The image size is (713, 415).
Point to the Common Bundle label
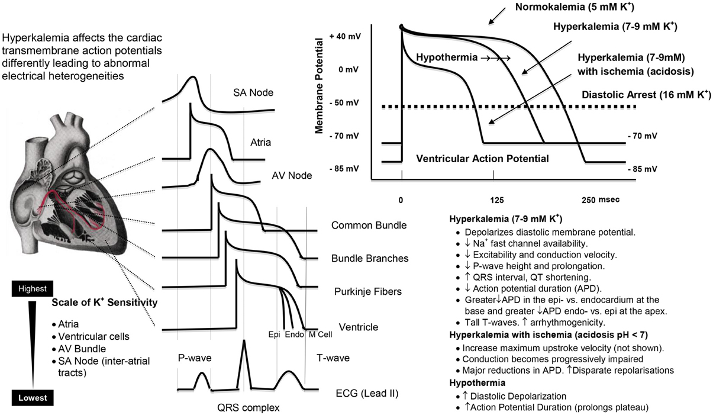click(x=369, y=225)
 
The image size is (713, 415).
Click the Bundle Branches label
click(x=370, y=259)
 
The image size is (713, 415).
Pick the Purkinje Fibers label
click(x=367, y=291)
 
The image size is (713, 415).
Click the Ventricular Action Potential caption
click(x=482, y=159)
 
